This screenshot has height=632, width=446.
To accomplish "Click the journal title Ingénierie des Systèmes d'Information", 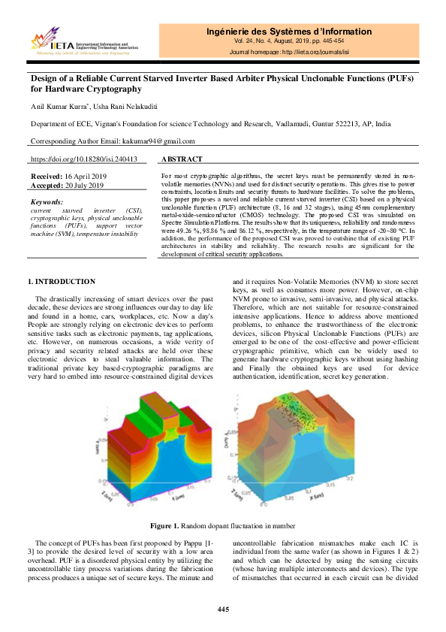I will pyautogui.click(x=289, y=32).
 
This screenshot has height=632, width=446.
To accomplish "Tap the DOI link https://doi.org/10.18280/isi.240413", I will pyautogui.click(x=83, y=159).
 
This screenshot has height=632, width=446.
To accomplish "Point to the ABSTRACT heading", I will pyautogui.click(x=182, y=159).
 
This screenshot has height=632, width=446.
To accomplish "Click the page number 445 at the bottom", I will pyautogui.click(x=223, y=608).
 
